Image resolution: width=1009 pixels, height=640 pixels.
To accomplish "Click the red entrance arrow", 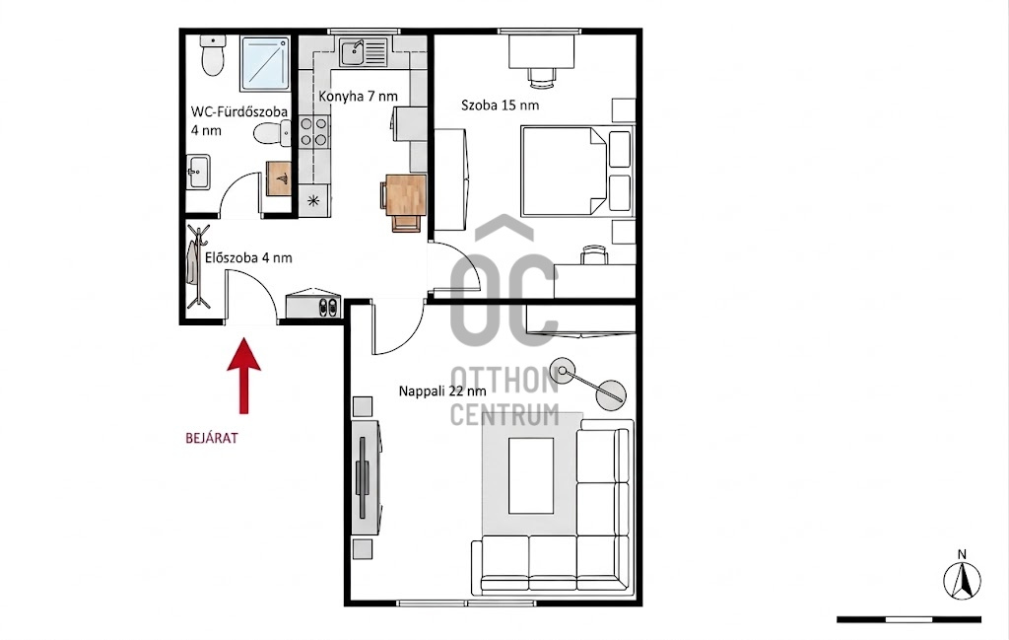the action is tap(244, 376).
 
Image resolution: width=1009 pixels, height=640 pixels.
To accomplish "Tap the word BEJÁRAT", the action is tap(212, 439).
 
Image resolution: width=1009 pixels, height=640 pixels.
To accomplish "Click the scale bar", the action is tap(908, 619).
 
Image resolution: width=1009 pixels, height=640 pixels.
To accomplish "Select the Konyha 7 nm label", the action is tap(358, 97).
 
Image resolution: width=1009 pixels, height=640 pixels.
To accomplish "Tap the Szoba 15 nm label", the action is tap(500, 105).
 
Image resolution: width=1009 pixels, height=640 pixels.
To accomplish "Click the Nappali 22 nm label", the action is tap(442, 391).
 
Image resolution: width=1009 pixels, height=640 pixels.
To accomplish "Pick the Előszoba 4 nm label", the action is tap(248, 257).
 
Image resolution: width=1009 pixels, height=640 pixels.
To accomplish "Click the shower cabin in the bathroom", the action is tap(266, 63).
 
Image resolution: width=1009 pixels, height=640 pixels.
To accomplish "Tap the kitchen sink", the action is tap(364, 52).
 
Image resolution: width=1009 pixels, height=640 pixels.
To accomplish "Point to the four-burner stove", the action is tap(314, 131).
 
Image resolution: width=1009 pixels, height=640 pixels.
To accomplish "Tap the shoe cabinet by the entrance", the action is tap(313, 304).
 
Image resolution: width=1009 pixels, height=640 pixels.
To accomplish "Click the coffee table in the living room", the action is tap(531, 475).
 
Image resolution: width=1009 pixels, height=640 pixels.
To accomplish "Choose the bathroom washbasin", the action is tap(198, 172).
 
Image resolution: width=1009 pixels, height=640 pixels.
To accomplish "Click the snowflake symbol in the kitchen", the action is tap(314, 201).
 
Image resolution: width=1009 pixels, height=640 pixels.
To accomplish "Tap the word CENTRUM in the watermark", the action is tap(504, 414).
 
